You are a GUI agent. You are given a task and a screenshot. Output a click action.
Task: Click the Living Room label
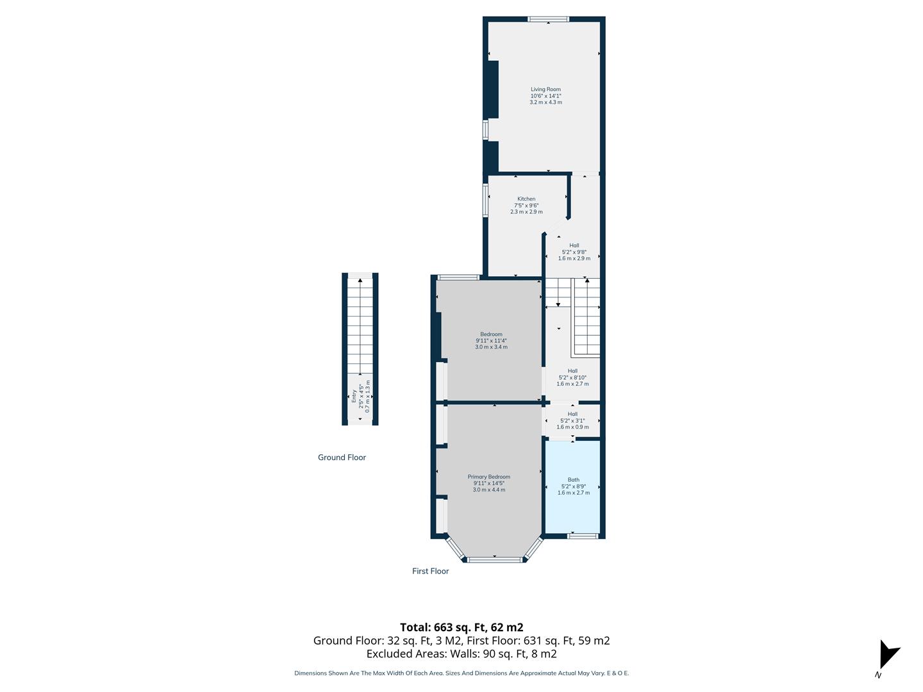pyautogui.click(x=545, y=90)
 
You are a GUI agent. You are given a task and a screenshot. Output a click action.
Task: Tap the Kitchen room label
pyautogui.click(x=526, y=199)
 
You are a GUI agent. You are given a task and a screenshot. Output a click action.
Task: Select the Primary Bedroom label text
pyautogui.click(x=489, y=477)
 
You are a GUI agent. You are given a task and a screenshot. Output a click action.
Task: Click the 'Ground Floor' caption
pyautogui.click(x=342, y=457)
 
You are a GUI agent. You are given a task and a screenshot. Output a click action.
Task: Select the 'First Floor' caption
pyautogui.click(x=430, y=571)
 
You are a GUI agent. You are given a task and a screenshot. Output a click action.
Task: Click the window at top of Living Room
pyautogui.click(x=547, y=19)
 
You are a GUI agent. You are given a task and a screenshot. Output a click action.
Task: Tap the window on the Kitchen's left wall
pyautogui.click(x=485, y=200)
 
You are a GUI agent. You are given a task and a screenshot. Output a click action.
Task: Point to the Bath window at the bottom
pyautogui.click(x=583, y=536)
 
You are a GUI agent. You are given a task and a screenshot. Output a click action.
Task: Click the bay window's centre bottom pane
pyautogui.click(x=495, y=560)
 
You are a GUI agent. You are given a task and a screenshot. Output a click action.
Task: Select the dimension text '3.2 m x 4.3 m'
pyautogui.click(x=545, y=103)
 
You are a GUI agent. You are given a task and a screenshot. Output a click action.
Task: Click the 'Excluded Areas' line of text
pyautogui.click(x=462, y=654)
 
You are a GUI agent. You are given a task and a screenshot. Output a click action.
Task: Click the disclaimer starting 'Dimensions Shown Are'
pyautogui.click(x=462, y=673)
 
